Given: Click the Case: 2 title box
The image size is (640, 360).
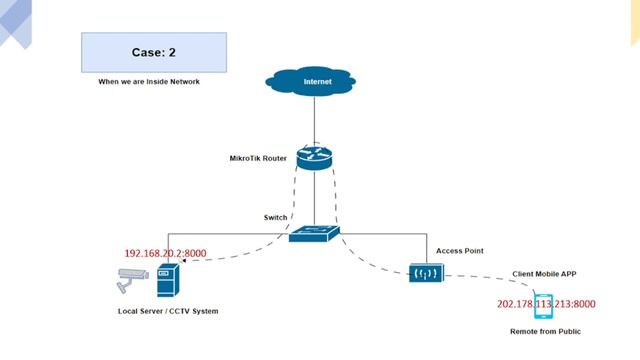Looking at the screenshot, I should pyautogui.click(x=153, y=52).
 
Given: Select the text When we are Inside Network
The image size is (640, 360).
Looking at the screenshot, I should pyautogui.click(x=148, y=82).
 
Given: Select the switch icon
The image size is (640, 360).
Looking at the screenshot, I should pyautogui.click(x=314, y=233).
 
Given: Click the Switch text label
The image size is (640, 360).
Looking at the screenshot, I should pyautogui.click(x=275, y=217).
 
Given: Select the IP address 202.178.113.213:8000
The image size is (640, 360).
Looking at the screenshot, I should pyautogui.click(x=546, y=304).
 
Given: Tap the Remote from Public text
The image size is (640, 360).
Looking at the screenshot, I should pyautogui.click(x=546, y=330).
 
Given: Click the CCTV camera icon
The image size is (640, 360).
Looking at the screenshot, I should pyautogui.click(x=129, y=285).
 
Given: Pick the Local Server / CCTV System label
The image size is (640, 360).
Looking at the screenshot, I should pyautogui.click(x=167, y=311).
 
